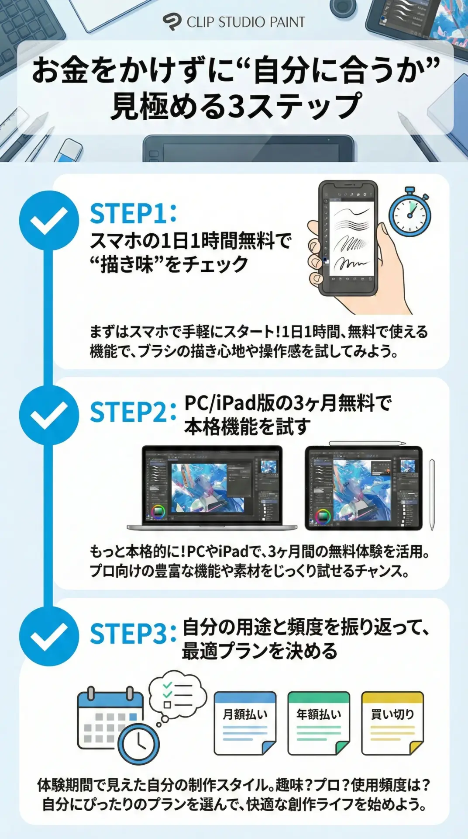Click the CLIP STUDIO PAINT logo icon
point(172,22)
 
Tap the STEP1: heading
point(133,214)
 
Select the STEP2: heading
point(133,412)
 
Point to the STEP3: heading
point(133,634)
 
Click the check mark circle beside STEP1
point(49,220)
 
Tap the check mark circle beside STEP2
point(49,415)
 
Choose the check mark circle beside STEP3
point(49,636)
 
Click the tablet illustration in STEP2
point(364,488)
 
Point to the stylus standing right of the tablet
point(432,495)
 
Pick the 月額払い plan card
point(245,723)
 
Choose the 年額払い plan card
point(319,723)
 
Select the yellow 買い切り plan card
point(392,723)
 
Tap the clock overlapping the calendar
point(139,743)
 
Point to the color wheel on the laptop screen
point(158,512)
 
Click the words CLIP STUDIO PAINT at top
point(246,22)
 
